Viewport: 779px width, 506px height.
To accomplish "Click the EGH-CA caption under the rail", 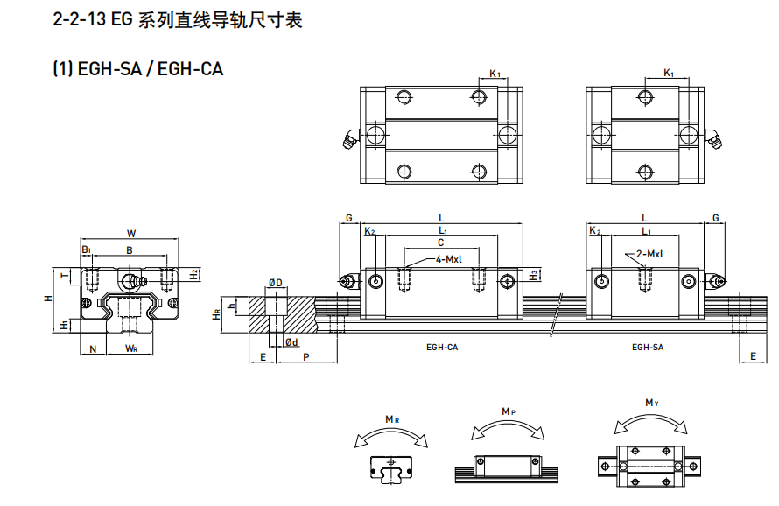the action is coord(442,348).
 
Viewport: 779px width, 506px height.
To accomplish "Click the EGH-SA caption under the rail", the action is coord(648,348).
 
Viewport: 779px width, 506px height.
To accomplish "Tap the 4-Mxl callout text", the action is coord(449,259).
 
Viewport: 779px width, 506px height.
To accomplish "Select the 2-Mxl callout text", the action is coord(649,254).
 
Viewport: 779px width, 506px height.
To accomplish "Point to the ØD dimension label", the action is coord(275,283).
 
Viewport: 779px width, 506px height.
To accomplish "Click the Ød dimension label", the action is coord(291,342).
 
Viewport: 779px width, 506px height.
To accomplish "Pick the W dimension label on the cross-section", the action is coord(131,233).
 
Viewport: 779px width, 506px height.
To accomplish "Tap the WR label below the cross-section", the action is coord(131,348).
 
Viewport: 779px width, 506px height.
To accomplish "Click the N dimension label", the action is coord(93,349).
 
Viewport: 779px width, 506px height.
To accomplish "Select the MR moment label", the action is coord(392,419).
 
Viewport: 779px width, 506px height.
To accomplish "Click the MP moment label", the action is coord(509,411).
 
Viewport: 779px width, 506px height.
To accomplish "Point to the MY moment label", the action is coord(652,403).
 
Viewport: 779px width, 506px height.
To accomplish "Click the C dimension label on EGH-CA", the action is coord(440,242).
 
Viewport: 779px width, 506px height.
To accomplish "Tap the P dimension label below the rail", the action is coord(306,357).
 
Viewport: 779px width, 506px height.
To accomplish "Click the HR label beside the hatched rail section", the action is coord(216,314).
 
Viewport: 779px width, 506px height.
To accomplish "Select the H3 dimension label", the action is coord(534,275).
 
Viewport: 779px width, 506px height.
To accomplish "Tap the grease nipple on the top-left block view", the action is coord(351,138).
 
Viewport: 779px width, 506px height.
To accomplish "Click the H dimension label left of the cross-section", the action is coord(48,299).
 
